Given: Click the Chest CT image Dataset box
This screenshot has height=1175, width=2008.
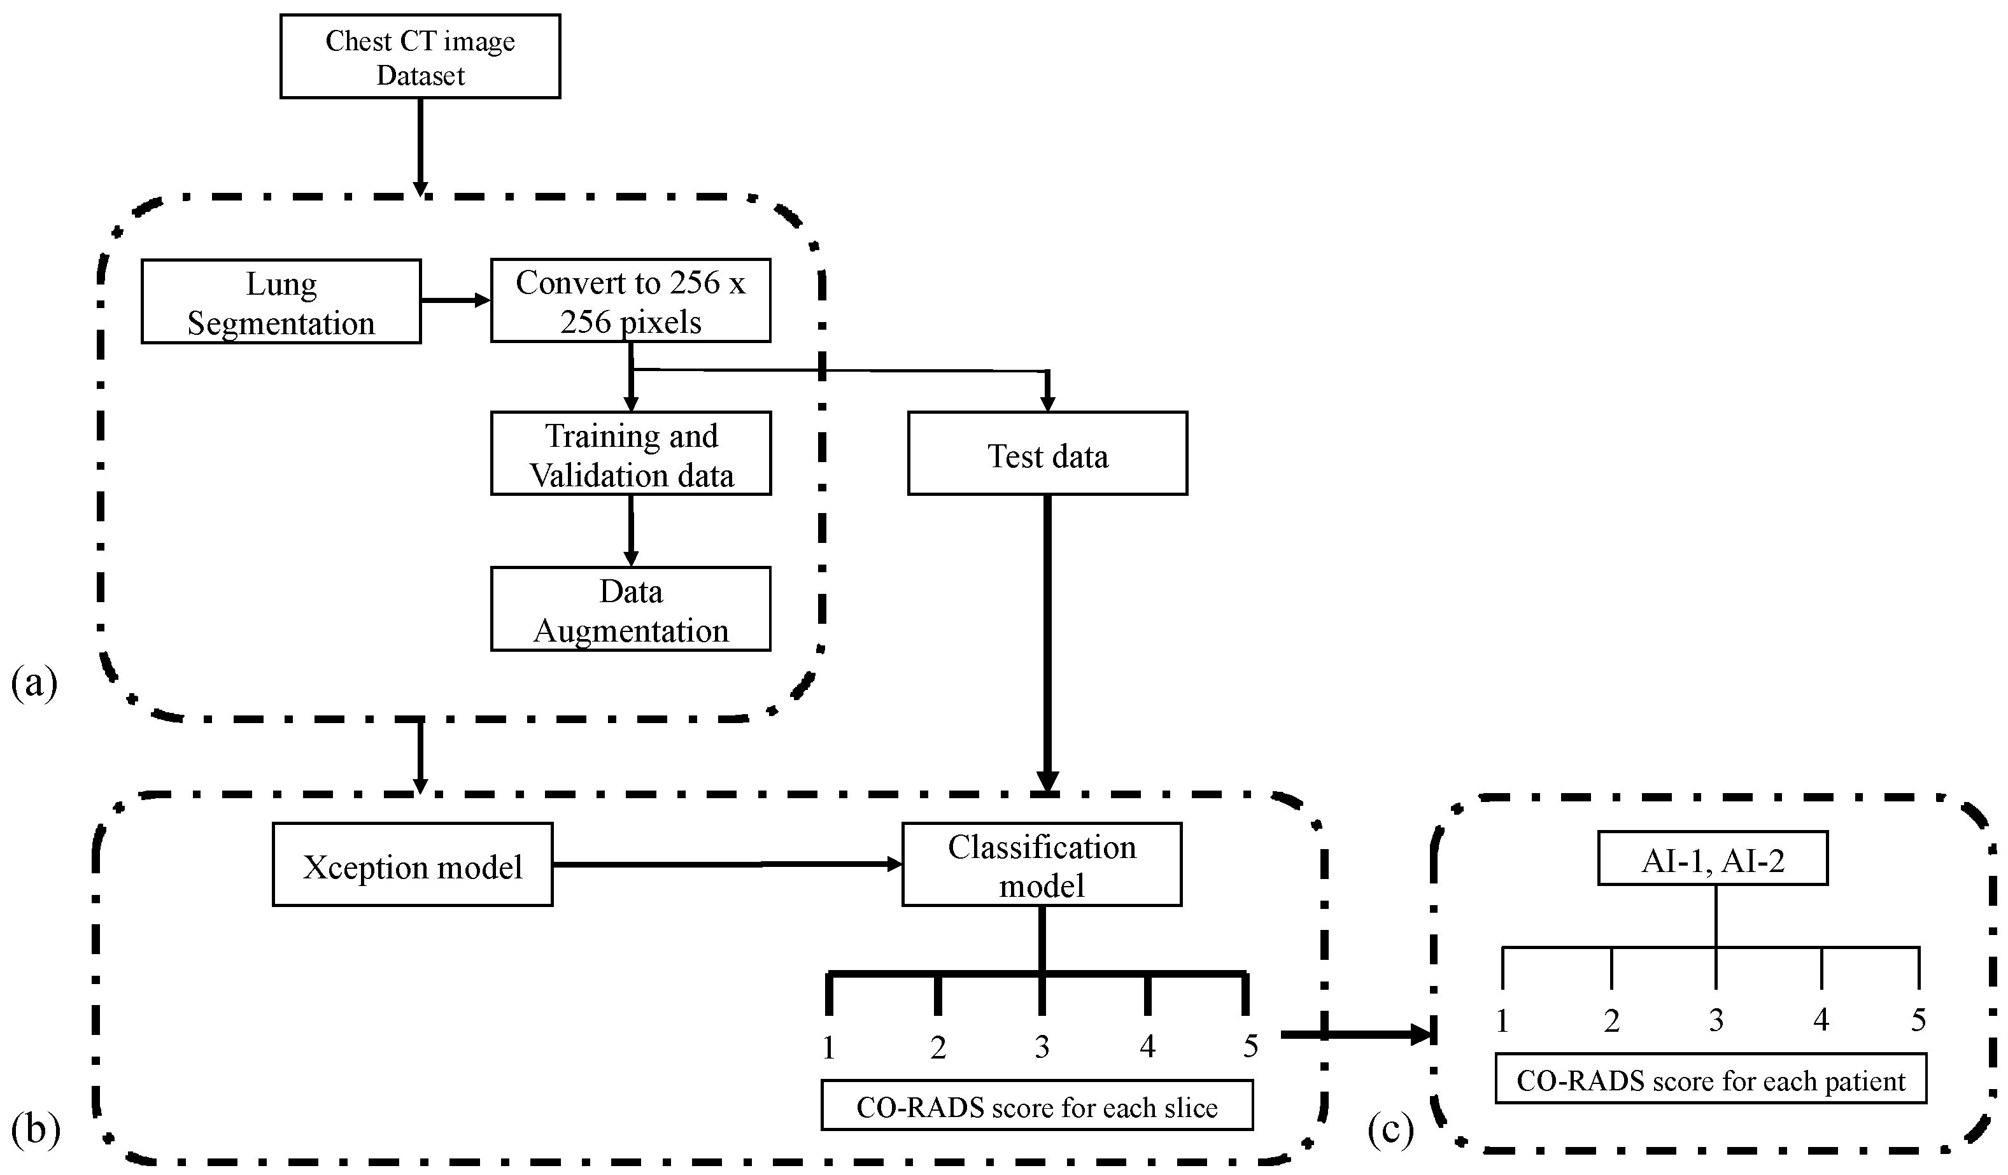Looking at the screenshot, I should (420, 57).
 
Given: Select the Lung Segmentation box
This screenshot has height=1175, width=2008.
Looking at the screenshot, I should (281, 302).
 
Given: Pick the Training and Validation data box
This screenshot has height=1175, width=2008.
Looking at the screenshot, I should (630, 454).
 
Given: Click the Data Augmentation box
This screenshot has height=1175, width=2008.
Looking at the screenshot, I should (630, 609).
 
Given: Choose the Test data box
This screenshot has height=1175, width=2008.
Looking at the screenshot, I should (1047, 454).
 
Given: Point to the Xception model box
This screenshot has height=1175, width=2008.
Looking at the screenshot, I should (412, 865).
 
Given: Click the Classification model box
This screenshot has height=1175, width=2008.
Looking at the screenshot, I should (1042, 865).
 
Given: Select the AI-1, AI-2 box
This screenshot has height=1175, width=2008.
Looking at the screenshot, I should (1713, 859).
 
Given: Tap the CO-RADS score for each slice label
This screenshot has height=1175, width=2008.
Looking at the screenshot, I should (1036, 1106).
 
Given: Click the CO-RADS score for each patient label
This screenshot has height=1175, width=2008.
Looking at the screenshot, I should (1710, 1080).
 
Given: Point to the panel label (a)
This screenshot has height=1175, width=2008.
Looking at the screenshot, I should (34, 683).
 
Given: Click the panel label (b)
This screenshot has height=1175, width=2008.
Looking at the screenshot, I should (36, 1129).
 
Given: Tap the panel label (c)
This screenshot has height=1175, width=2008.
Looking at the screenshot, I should (1390, 1129).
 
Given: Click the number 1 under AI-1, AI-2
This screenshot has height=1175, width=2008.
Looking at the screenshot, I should (1502, 1020).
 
